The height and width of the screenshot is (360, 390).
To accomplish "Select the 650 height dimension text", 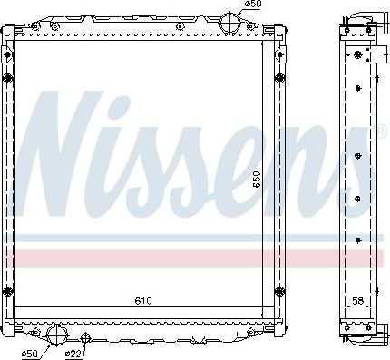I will coord(258,180).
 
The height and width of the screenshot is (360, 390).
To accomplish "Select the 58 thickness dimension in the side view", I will coord(357,300).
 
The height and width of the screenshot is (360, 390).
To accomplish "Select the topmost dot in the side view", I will coord(359,88).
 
